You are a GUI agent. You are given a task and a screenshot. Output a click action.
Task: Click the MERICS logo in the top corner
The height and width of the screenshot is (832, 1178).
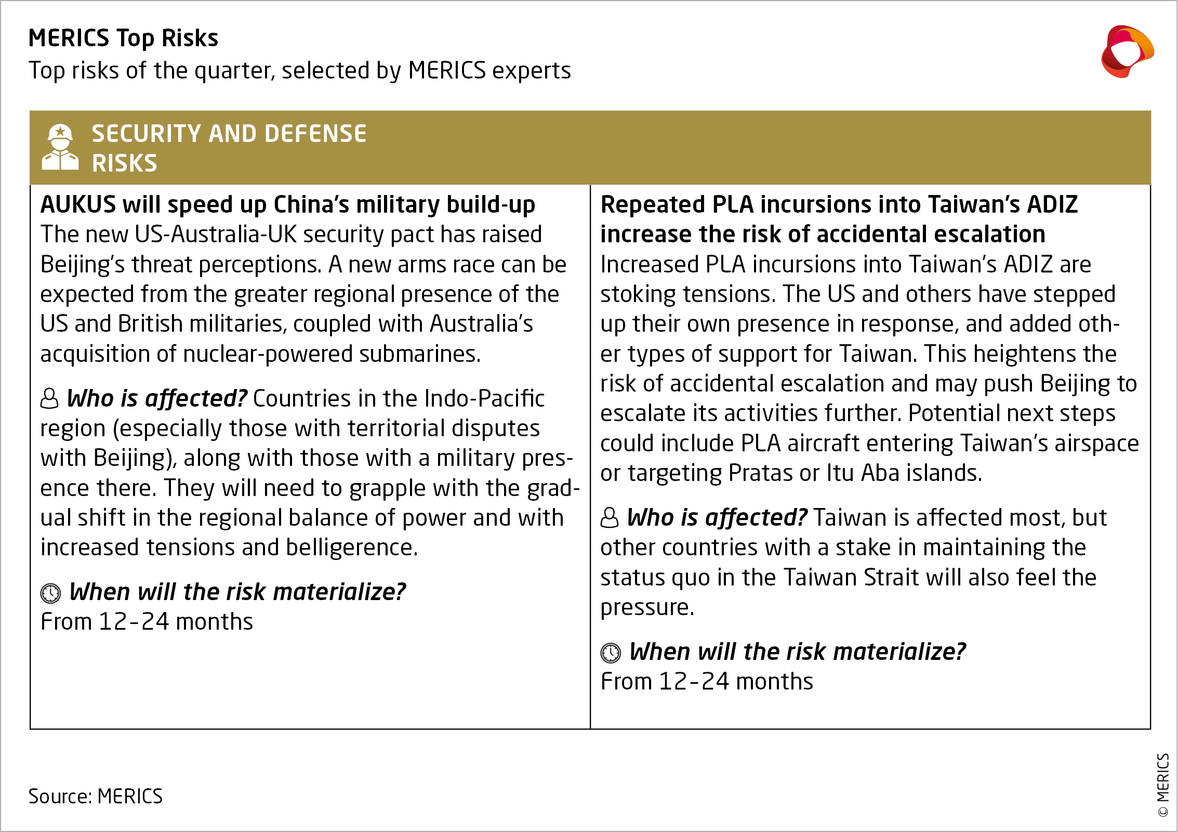[x=1127, y=51]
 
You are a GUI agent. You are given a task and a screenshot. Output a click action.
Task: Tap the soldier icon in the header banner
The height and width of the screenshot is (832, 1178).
[x=60, y=148]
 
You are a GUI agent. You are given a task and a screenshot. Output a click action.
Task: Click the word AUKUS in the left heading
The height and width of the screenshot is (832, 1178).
[x=78, y=204]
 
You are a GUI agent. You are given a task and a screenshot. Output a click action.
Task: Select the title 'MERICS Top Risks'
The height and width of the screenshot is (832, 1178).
[x=123, y=38]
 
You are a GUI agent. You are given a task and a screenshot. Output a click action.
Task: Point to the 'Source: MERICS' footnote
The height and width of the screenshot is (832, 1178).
[x=96, y=796]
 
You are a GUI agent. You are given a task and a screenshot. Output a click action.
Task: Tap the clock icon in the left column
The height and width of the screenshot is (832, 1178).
[x=50, y=593]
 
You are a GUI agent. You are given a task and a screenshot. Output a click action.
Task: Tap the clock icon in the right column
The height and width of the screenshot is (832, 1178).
[x=611, y=653]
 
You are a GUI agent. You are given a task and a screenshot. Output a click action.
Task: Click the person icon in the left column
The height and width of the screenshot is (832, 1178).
[x=49, y=399]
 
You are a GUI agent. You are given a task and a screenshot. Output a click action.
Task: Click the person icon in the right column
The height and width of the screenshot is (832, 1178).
[x=610, y=518]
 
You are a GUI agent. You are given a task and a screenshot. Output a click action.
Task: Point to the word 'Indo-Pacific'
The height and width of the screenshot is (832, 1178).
[x=484, y=399]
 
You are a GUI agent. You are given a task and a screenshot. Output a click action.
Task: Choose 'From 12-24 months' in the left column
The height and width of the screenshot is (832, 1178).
[x=147, y=622]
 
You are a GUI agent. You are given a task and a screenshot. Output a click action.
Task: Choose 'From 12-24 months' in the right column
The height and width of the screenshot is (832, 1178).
[x=707, y=682]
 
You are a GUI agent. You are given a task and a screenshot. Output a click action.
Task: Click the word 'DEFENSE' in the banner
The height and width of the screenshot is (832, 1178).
[x=315, y=134]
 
